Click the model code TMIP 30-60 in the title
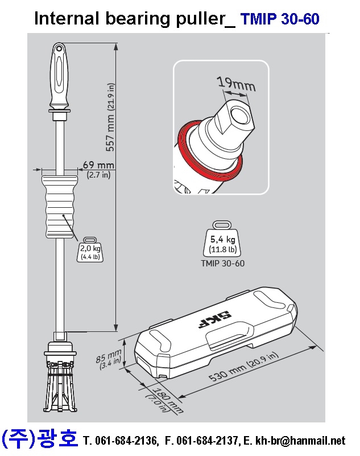[280, 19]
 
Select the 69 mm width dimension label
[98, 169]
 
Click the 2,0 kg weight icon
[90, 249]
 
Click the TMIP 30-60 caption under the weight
[222, 263]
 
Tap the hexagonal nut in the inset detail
[235, 119]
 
